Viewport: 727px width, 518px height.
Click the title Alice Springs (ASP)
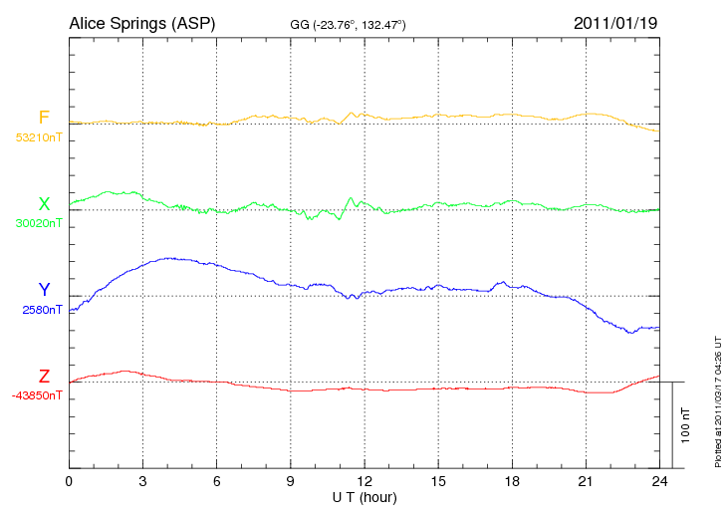pos(141,22)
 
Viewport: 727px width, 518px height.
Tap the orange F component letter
pos(43,119)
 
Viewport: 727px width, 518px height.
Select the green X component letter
pos(44,204)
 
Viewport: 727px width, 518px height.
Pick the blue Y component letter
pos(44,290)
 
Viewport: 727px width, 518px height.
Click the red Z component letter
pos(44,377)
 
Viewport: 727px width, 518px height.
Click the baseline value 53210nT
pos(38,137)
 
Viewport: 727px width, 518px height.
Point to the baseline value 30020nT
pos(38,223)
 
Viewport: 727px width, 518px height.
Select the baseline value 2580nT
pos(42,310)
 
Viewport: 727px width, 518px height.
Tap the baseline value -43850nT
pos(38,395)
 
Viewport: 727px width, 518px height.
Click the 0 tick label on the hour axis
pos(69,481)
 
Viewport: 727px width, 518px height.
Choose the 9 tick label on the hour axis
pos(291,481)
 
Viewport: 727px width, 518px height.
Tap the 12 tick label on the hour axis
pos(364,481)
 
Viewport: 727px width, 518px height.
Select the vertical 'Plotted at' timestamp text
pos(717,398)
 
